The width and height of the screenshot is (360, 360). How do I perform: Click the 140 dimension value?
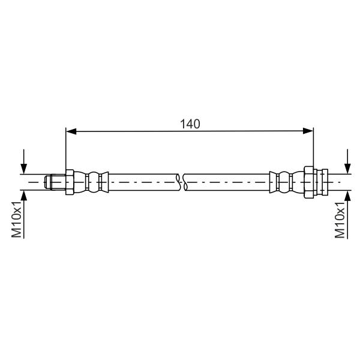pos(190,124)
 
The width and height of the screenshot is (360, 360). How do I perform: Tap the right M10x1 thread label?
pos(340,220)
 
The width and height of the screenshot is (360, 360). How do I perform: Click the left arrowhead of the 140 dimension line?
pos(71,131)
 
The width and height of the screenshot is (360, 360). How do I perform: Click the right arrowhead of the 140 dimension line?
pos(308,131)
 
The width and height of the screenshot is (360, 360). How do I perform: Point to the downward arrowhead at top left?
pos(23,169)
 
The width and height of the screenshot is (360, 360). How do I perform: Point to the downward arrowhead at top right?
pos(348,169)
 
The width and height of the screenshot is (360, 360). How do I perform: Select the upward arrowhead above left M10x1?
pos(23,196)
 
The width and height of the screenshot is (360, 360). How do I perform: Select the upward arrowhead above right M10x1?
pos(348,196)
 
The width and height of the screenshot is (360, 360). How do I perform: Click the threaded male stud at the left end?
pos(55,182)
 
